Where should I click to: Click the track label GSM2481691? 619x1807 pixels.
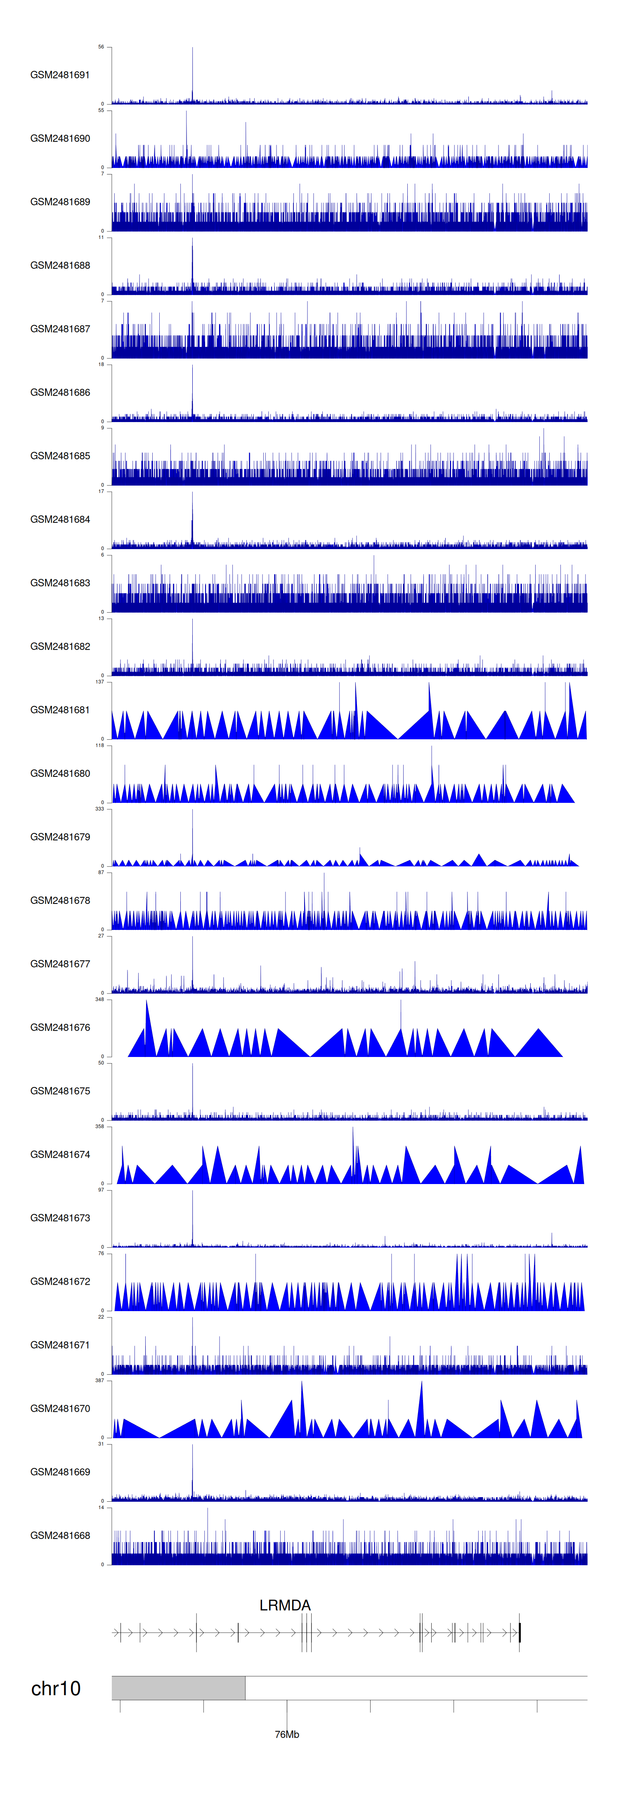click(x=60, y=75)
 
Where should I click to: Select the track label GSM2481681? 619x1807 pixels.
click(x=60, y=710)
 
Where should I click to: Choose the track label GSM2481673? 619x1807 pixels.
click(x=60, y=1218)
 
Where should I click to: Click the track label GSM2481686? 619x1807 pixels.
click(x=60, y=392)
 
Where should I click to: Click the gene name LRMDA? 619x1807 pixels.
click(x=285, y=1605)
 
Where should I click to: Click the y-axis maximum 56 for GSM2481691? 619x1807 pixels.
click(x=101, y=47)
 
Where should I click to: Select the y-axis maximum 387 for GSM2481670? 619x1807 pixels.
click(x=99, y=1380)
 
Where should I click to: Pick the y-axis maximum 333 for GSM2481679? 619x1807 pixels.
click(x=99, y=809)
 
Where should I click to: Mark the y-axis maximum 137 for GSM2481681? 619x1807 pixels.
click(x=99, y=682)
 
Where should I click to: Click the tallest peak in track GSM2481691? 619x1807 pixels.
click(x=192, y=49)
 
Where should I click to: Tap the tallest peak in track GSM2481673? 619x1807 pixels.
click(x=192, y=1193)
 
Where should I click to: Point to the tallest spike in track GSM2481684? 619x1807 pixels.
click(x=192, y=494)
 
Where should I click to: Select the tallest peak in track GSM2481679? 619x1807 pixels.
click(x=192, y=811)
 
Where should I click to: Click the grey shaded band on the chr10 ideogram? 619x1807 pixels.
click(x=178, y=1688)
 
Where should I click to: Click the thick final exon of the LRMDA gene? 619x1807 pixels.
click(x=520, y=1633)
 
